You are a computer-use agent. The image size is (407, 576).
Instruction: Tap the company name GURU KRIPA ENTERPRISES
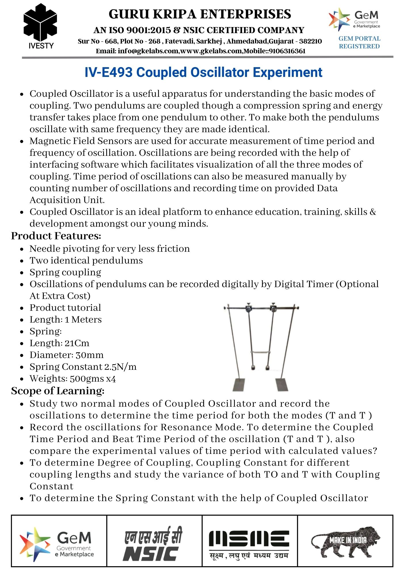(200, 14)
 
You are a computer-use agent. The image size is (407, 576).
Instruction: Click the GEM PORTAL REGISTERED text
(359, 42)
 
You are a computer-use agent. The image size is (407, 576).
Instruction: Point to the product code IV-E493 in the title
(109, 72)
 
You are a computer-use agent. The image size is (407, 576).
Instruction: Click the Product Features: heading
(56, 236)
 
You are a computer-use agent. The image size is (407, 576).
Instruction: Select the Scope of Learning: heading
(58, 391)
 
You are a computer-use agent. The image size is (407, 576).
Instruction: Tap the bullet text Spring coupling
(65, 272)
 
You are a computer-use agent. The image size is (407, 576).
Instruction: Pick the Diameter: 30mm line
(66, 355)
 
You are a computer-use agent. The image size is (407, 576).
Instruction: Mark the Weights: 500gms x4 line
(73, 378)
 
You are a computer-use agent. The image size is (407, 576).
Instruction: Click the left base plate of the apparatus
(239, 384)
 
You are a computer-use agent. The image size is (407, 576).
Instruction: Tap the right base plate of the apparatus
(282, 384)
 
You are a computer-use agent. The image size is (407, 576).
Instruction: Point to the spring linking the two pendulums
(260, 352)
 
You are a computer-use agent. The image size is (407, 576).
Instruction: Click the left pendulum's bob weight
(254, 367)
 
